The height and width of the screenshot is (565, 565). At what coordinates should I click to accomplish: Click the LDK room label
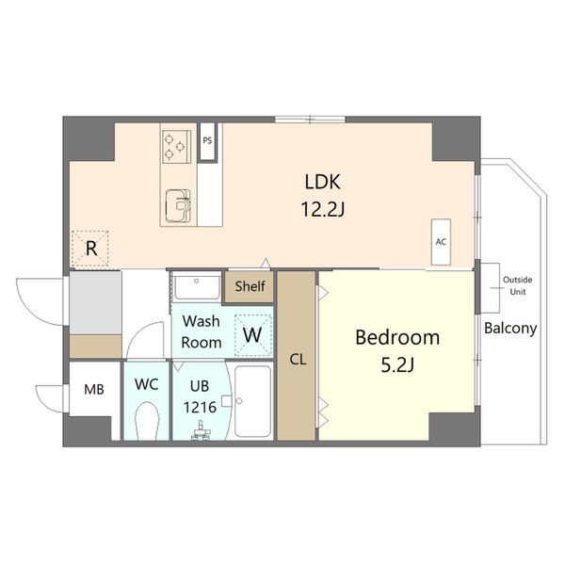point(322,182)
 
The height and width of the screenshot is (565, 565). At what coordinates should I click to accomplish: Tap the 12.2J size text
point(323,209)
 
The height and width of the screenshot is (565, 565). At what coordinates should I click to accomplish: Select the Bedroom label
point(397,338)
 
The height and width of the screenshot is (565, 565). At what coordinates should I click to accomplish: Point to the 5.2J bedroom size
point(397,365)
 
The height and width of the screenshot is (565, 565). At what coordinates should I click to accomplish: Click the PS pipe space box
point(207,141)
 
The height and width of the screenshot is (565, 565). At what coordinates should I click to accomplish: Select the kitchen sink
point(178,206)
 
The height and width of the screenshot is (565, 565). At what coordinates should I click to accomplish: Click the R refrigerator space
point(90,249)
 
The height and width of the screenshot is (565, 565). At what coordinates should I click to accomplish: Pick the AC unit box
point(441,242)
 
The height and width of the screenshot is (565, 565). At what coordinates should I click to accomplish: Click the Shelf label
point(250,286)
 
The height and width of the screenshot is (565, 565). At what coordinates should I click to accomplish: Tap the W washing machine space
point(252,335)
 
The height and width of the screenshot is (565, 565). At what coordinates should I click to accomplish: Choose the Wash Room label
point(202,331)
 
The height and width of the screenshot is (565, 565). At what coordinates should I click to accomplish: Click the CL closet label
point(298,360)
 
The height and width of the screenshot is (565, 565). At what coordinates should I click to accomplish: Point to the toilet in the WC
point(147,421)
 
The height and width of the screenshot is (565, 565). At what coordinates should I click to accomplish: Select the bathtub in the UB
point(252,401)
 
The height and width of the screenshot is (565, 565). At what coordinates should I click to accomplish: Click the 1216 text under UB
point(200,408)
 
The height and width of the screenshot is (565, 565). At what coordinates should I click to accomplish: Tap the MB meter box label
point(94,389)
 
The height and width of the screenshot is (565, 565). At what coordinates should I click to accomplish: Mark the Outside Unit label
point(517,285)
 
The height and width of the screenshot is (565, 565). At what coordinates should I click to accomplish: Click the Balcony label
point(510,329)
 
